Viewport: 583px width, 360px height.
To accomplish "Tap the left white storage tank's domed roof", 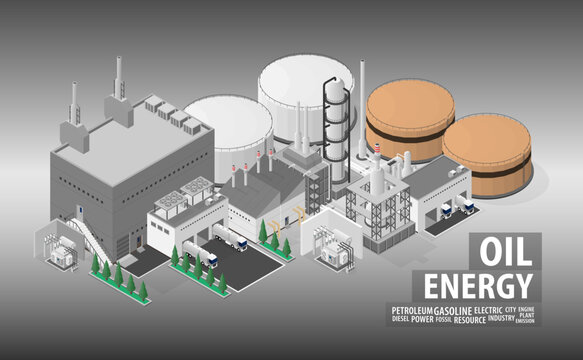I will pyautogui.click(x=228, y=113).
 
